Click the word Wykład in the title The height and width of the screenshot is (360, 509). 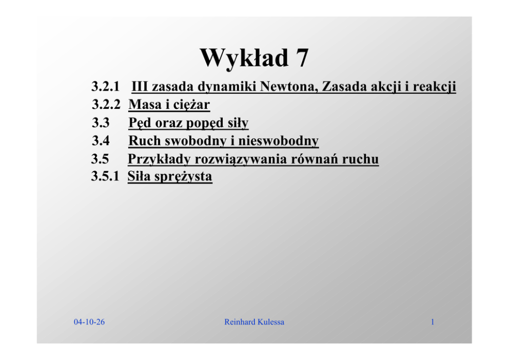[x=244, y=58]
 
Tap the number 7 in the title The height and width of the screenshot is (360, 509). [x=302, y=58]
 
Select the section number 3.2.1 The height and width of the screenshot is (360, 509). [x=106, y=86]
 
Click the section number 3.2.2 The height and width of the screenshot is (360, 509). [x=106, y=105]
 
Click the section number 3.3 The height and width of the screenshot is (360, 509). [x=101, y=123]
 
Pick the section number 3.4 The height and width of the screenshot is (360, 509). [x=101, y=141]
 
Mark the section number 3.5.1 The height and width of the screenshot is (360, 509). [x=105, y=176]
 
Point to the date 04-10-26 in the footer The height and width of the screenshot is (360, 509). [x=89, y=322]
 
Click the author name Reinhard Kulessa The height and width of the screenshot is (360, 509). [x=254, y=322]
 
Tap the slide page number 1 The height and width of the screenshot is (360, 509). [x=433, y=322]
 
